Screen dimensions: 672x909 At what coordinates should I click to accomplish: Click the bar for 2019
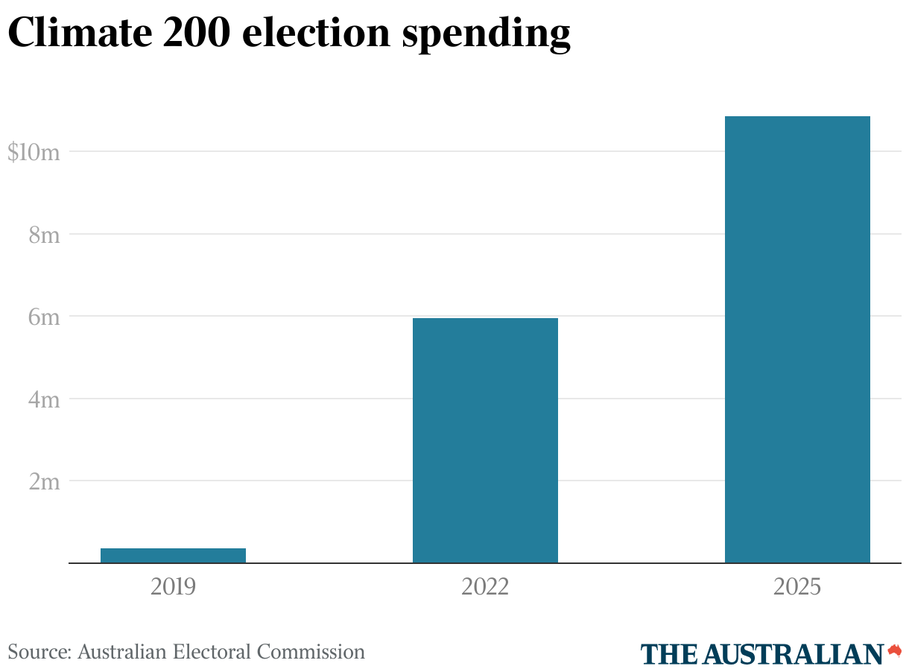[x=173, y=555]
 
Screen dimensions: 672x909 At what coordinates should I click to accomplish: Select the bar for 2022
[x=485, y=440]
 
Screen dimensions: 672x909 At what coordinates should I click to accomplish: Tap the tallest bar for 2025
[x=797, y=339]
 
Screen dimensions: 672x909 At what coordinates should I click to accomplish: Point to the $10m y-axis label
[x=33, y=153]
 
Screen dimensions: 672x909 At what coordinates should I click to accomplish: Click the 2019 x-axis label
[x=173, y=587]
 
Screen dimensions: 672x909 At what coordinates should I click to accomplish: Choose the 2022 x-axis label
[x=485, y=587]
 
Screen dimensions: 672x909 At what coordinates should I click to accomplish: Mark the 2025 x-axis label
[x=797, y=587]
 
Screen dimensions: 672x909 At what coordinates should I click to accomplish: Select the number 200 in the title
[x=204, y=34]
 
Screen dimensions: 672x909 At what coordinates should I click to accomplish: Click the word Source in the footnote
[x=38, y=653]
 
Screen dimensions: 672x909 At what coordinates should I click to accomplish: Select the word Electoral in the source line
[x=212, y=653]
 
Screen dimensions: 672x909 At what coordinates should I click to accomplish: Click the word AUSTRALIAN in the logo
[x=793, y=654]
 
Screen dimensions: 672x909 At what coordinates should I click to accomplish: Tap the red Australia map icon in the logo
[x=895, y=650]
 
